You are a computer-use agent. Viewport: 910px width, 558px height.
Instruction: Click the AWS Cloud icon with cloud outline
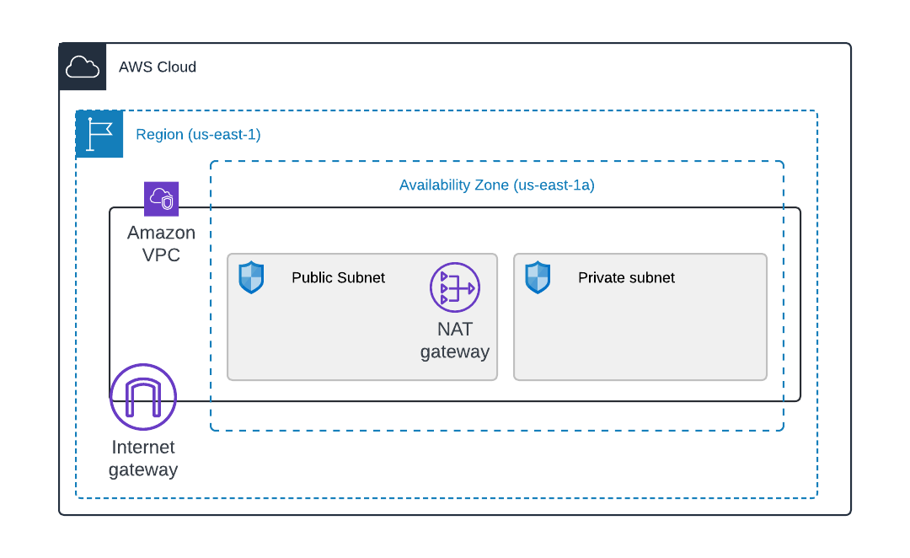coord(83,67)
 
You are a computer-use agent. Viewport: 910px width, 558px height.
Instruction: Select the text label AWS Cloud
coord(158,67)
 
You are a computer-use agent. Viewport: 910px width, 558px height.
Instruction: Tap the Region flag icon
coord(99,134)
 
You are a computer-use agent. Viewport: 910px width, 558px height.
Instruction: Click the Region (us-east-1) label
coord(198,134)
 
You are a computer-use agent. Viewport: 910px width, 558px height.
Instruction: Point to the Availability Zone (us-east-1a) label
coord(496,185)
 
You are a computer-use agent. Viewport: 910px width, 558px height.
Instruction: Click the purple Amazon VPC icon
coord(161,199)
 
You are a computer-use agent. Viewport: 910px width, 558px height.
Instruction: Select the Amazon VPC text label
coord(161,244)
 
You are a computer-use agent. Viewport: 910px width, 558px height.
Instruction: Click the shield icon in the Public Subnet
coord(251,277)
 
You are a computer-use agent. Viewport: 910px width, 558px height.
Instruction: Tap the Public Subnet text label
coord(338,277)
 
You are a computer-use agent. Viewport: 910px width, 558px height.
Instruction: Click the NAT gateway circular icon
coord(455,287)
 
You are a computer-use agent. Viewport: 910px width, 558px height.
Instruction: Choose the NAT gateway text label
coord(455,341)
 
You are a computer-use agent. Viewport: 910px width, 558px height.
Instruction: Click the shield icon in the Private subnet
coord(538,277)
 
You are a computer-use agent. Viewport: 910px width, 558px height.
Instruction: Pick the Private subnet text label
coord(626,277)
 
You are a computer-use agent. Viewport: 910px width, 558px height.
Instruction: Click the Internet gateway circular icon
coord(143,397)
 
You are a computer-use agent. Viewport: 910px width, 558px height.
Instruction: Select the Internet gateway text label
coord(143,459)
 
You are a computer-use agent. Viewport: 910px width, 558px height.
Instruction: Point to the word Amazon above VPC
coord(161,233)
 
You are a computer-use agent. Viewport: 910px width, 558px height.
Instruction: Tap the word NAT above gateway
coord(455,330)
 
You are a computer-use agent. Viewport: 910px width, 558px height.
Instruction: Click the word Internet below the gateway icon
coord(143,448)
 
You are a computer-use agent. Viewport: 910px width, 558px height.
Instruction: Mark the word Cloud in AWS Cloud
coord(177,67)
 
